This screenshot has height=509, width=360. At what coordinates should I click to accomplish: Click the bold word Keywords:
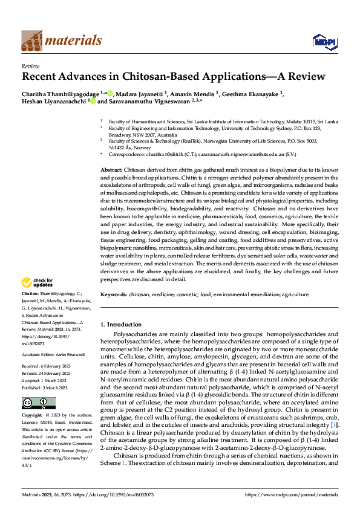coord(113,294)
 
